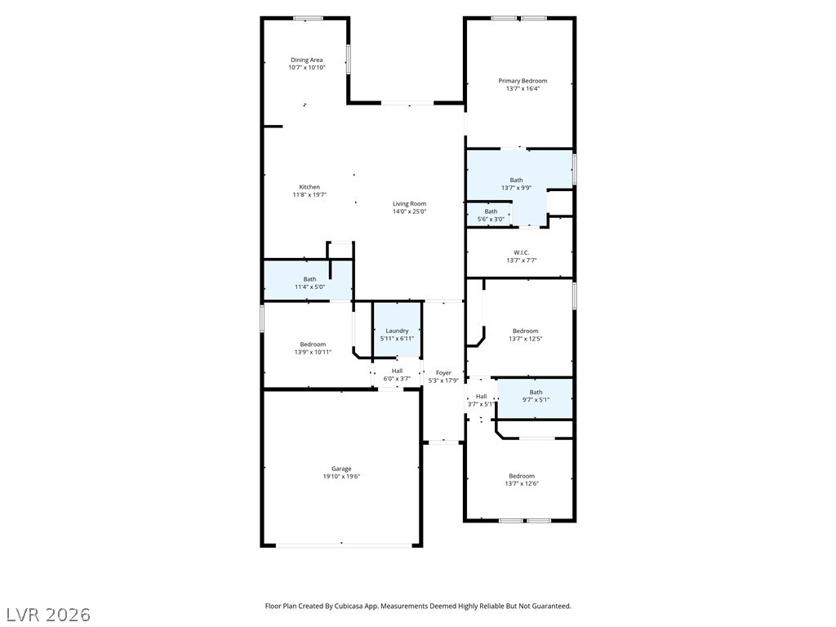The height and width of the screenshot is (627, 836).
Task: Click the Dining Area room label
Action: click(307, 60)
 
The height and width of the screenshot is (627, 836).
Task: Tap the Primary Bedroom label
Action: click(522, 81)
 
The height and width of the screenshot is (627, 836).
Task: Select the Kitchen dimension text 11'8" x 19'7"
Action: click(309, 194)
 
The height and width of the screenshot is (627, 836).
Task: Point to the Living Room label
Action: click(410, 203)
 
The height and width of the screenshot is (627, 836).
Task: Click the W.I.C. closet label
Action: click(522, 253)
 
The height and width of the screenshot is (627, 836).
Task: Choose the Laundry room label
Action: click(398, 331)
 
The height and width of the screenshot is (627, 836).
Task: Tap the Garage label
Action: click(341, 469)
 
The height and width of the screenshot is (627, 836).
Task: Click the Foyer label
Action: click(443, 373)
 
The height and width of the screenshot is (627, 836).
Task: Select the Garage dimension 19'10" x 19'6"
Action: click(341, 477)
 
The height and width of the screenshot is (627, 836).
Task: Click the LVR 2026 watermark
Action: click(49, 615)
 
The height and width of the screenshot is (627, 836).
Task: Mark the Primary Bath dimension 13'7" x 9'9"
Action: click(516, 188)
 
